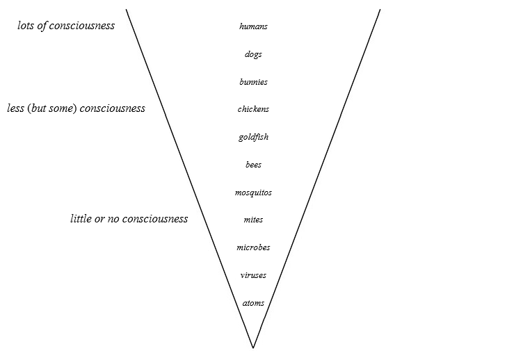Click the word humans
click(253, 26)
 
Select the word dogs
click(253, 54)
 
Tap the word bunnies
click(253, 82)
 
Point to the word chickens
click(253, 109)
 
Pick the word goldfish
click(253, 137)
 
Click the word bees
click(253, 165)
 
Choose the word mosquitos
click(253, 193)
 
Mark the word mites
click(253, 220)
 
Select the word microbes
click(253, 247)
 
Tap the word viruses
click(253, 275)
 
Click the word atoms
click(253, 303)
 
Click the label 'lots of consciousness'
click(66, 26)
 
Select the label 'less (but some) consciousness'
click(76, 108)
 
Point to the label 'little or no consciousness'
click(129, 219)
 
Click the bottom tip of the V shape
click(252, 347)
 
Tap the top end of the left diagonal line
click(126, 9)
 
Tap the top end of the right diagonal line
click(380, 9)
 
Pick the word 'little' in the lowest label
click(81, 219)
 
